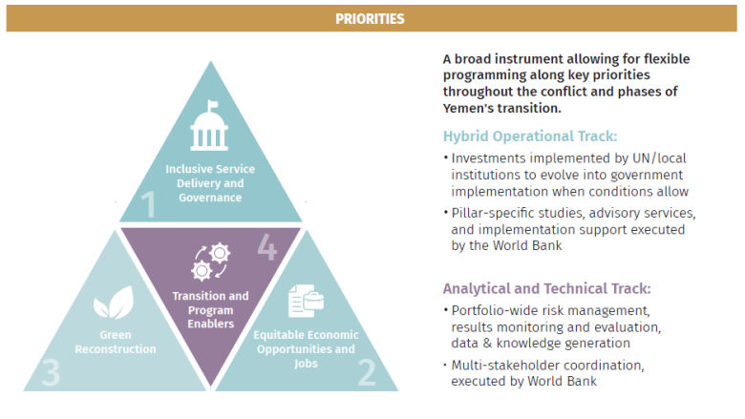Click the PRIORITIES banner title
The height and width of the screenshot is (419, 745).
(372, 18)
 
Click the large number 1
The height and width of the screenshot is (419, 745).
(148, 203)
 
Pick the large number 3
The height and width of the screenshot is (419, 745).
(50, 372)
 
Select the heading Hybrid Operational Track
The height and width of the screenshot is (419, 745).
(529, 136)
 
